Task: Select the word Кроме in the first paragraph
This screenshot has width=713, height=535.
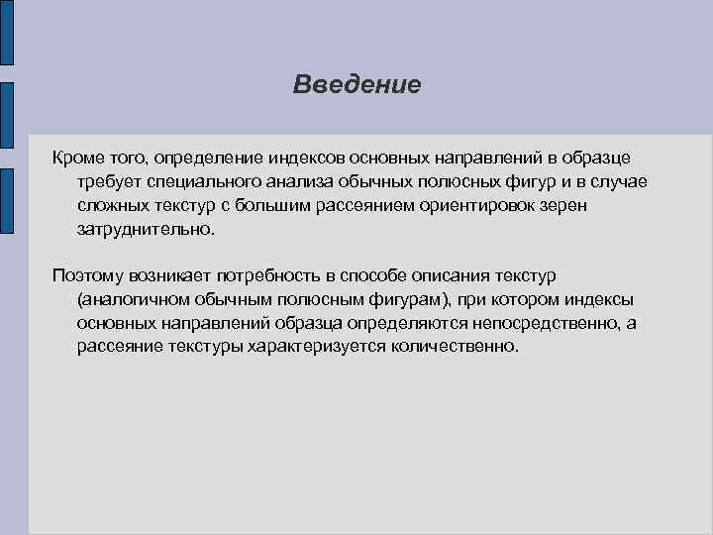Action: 76,159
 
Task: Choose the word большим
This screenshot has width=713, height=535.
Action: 280,206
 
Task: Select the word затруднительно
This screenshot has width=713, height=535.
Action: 144,230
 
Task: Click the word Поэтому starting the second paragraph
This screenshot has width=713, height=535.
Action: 87,274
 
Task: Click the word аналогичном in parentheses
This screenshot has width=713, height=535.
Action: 129,298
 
